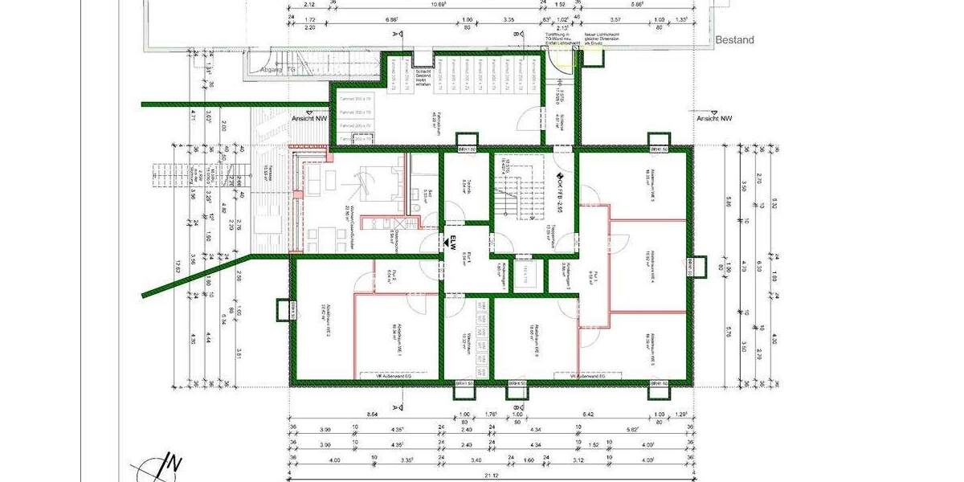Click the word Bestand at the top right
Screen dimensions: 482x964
click(x=734, y=39)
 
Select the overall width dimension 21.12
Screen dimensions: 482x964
click(x=491, y=475)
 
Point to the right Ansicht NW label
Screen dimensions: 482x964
click(x=715, y=118)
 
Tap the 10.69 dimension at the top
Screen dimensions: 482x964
click(x=438, y=3)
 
